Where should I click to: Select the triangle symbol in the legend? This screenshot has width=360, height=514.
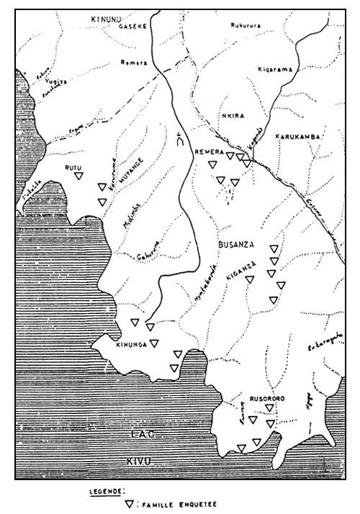coord(130,505)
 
